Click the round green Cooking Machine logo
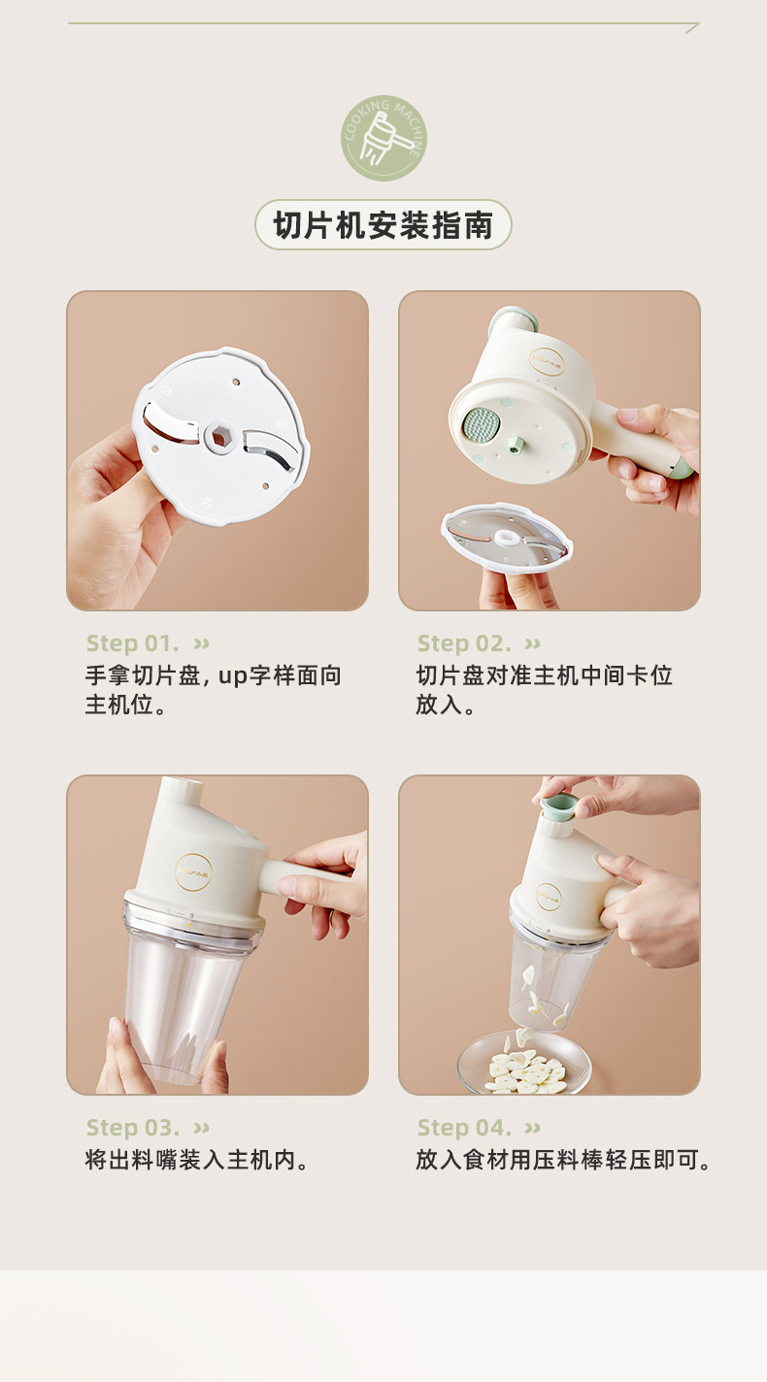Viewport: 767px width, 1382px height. click(x=383, y=138)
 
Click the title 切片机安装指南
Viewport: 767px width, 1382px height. click(x=383, y=224)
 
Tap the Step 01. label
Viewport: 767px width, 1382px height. click(x=132, y=643)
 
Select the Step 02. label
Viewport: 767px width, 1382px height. click(x=464, y=643)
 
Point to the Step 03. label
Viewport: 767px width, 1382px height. click(x=133, y=1128)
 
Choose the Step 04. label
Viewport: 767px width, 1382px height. click(x=464, y=1128)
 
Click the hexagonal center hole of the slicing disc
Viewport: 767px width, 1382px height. click(x=219, y=437)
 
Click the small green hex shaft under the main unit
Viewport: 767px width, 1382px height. click(x=516, y=445)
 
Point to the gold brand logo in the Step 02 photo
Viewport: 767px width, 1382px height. click(x=547, y=362)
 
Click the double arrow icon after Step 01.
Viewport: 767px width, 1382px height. click(x=202, y=644)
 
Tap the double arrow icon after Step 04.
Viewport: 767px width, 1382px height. click(x=532, y=1129)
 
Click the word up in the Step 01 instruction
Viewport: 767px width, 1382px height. click(x=233, y=676)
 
